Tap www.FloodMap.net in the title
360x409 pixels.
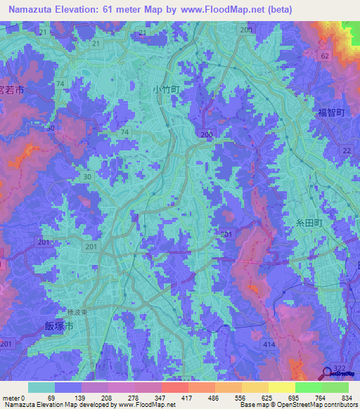point(226,9)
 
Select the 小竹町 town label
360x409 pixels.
point(166,90)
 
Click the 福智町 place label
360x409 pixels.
point(330,111)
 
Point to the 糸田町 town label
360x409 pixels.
point(308,222)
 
